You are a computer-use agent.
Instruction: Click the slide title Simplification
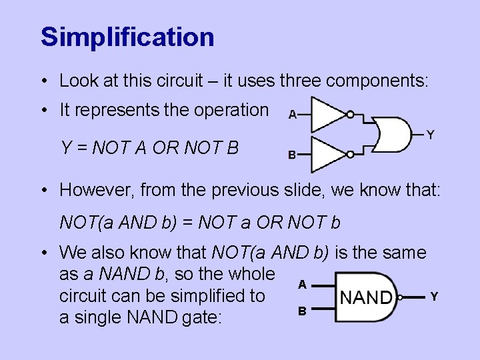pyautogui.click(x=127, y=37)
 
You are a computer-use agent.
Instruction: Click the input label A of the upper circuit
pyautogui.click(x=292, y=115)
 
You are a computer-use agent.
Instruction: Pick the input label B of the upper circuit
pyautogui.click(x=292, y=155)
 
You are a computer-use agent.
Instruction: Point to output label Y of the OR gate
pyautogui.click(x=431, y=135)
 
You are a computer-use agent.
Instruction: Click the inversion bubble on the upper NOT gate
pyautogui.click(x=351, y=114)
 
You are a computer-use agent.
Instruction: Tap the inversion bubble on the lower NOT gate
pyautogui.click(x=351, y=155)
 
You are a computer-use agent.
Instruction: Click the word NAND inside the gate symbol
pyautogui.click(x=365, y=297)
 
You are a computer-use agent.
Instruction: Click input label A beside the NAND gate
pyautogui.click(x=302, y=284)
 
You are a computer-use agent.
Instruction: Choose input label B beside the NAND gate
pyautogui.click(x=302, y=311)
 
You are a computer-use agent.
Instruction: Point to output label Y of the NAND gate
pyautogui.click(x=434, y=296)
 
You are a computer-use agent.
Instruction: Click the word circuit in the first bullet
pyautogui.click(x=178, y=81)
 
